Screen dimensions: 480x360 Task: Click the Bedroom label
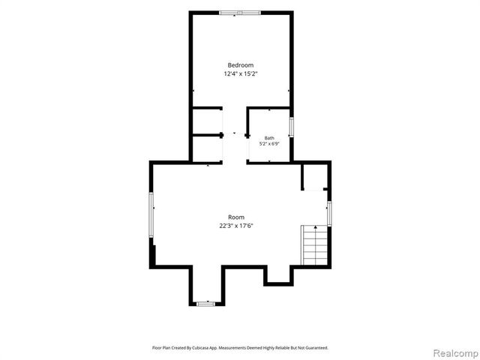(x=241, y=65)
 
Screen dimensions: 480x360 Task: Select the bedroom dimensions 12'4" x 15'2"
(x=241, y=73)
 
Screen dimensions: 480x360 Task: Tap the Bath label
(x=269, y=138)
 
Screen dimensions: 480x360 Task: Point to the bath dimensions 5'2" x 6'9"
(x=269, y=143)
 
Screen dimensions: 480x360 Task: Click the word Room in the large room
(x=236, y=217)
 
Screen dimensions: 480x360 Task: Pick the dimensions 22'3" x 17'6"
(x=236, y=226)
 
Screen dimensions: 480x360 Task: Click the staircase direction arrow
(x=316, y=227)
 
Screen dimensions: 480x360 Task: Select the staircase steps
(x=314, y=245)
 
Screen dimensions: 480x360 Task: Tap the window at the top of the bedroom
(x=240, y=13)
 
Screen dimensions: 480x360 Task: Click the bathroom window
(x=292, y=127)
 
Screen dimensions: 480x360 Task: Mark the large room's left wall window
(x=151, y=214)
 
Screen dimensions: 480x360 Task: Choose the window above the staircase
(x=329, y=214)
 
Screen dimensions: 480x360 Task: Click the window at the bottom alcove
(x=205, y=304)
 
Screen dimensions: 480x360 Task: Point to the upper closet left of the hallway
(x=208, y=121)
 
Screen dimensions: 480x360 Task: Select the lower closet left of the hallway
(x=208, y=148)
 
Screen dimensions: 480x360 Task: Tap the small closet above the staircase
(x=315, y=177)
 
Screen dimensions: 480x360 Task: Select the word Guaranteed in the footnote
(x=317, y=348)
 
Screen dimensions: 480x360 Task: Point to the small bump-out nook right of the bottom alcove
(x=278, y=275)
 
